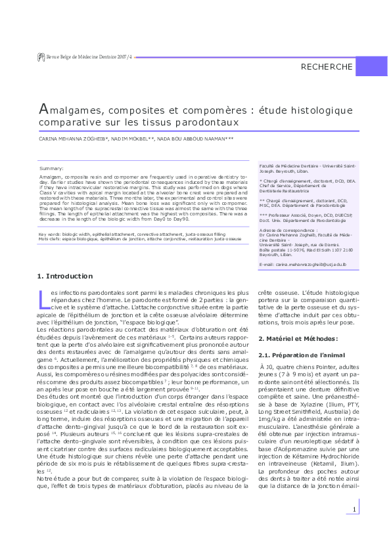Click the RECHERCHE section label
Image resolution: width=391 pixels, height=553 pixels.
pos(327,67)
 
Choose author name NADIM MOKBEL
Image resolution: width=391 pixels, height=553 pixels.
pos(131,139)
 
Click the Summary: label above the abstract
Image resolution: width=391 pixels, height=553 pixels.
pos(52,169)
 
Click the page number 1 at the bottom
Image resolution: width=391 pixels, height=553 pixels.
pos(354,528)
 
